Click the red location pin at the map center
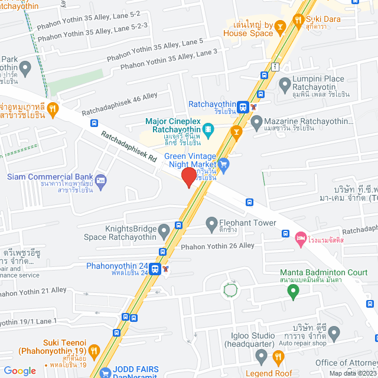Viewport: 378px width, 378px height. (x=188, y=177)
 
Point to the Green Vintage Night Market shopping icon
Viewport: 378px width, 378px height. (x=223, y=164)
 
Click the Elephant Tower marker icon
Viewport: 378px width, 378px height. (x=211, y=224)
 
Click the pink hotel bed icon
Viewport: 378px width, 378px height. (x=299, y=237)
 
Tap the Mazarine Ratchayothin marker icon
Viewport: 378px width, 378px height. (x=256, y=123)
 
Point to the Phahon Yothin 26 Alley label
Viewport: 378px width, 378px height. (x=217, y=246)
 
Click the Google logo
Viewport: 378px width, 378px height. (x=19, y=370)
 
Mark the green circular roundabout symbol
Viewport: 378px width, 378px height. (x=230, y=290)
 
